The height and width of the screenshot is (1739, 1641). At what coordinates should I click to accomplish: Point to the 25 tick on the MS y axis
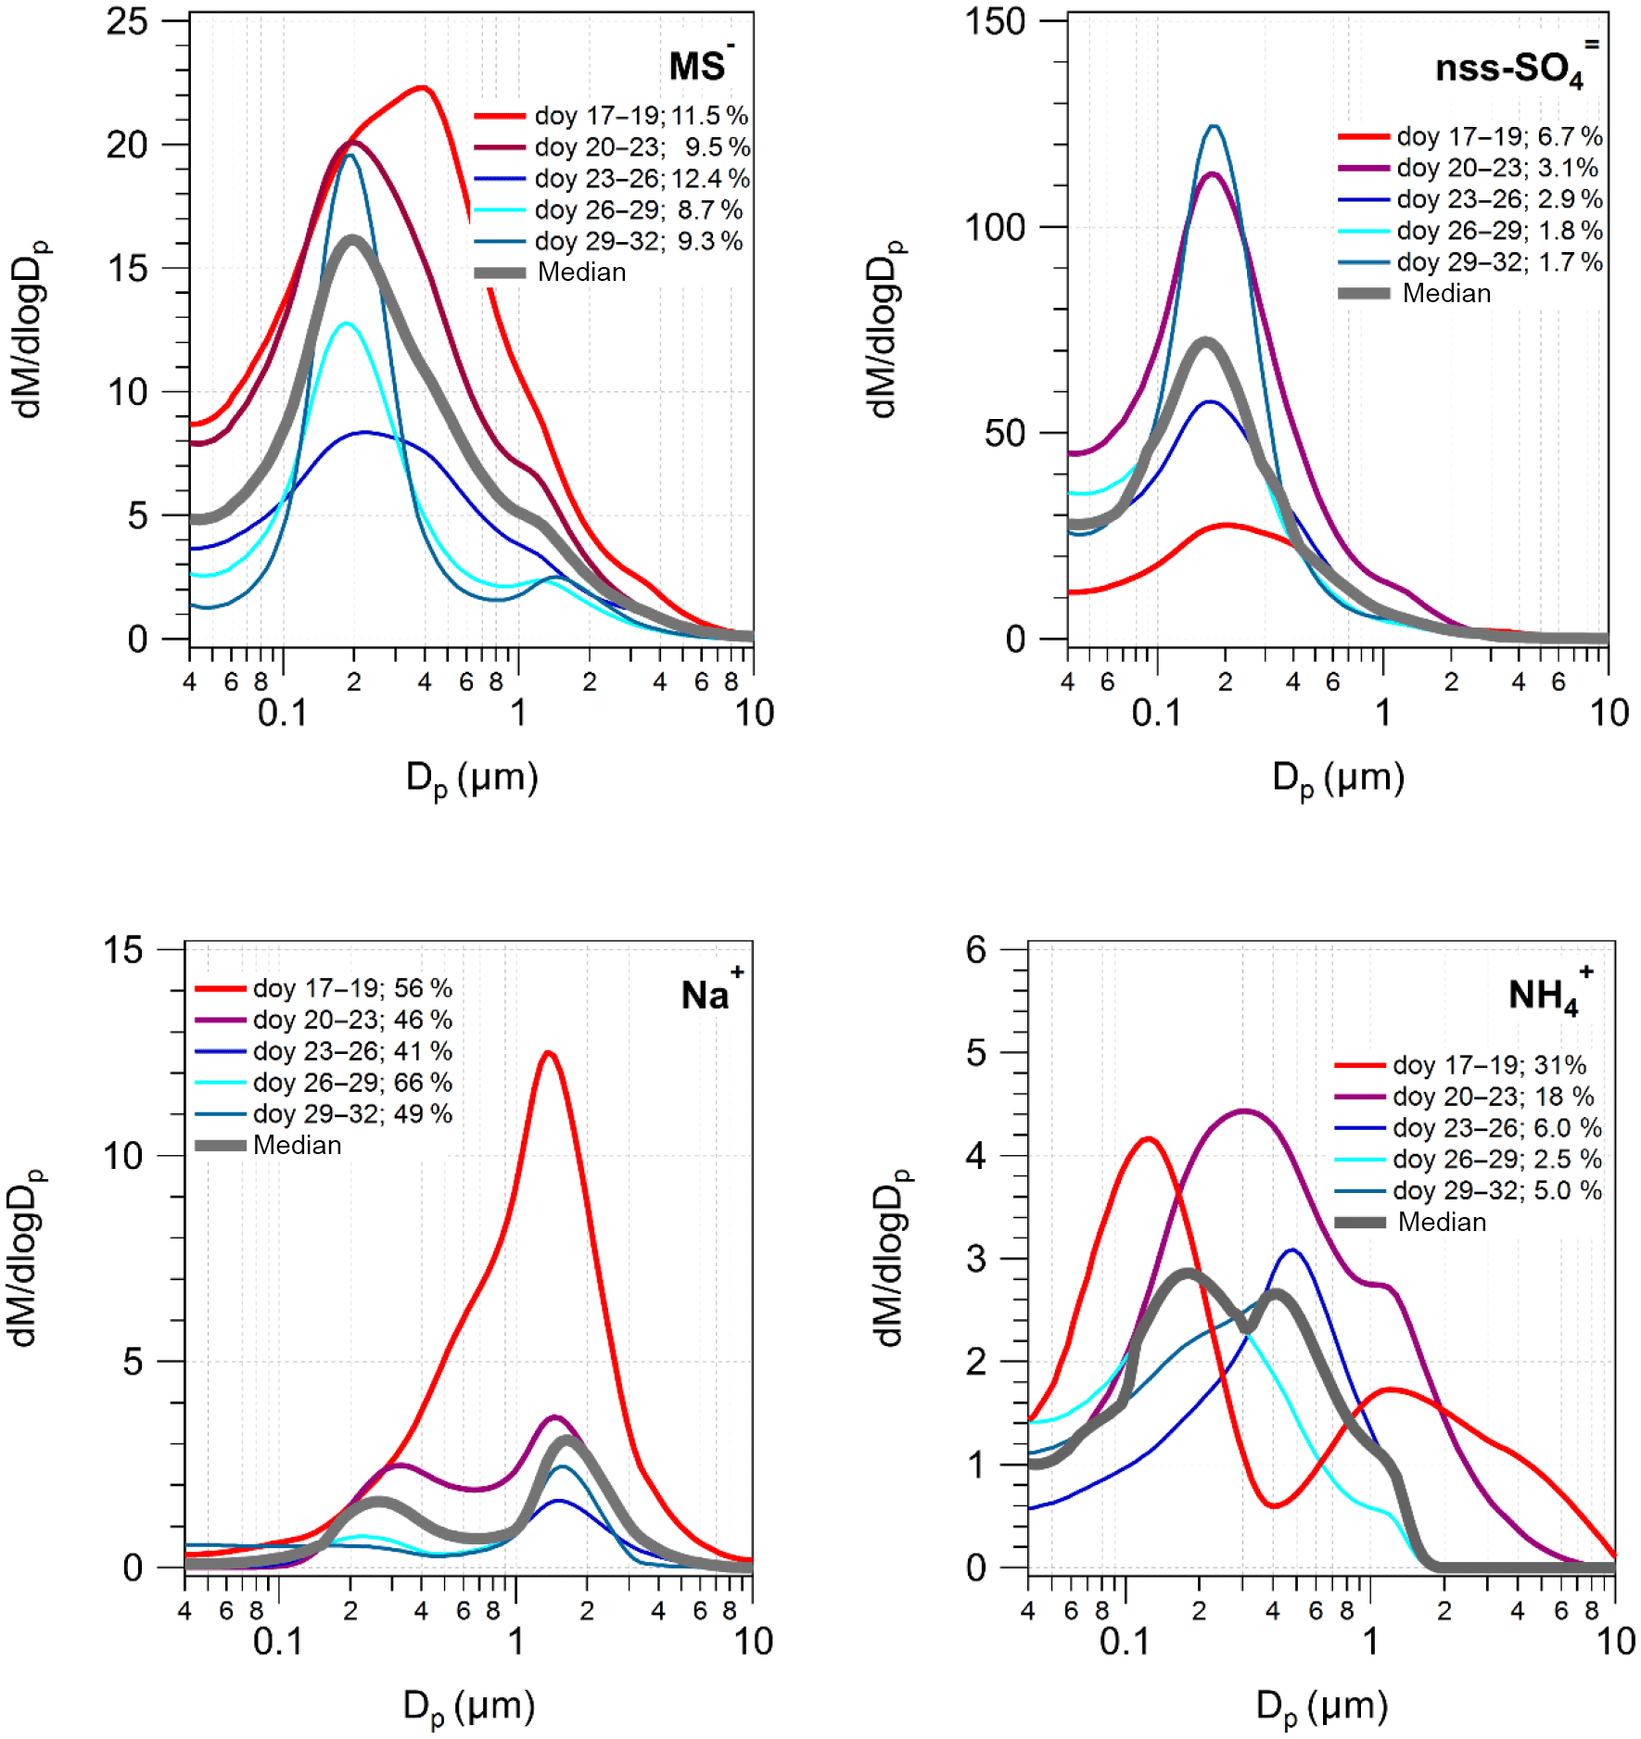tap(127, 21)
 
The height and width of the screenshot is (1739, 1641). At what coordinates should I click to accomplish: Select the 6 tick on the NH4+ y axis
tap(975, 950)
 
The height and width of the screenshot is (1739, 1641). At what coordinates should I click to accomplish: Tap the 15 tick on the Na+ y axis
tap(123, 950)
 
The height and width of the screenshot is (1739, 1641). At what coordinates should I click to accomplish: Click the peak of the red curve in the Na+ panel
tap(548, 1053)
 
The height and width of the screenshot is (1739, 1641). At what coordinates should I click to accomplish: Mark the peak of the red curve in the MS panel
tap(423, 88)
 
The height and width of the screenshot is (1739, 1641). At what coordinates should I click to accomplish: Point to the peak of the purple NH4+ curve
tap(1243, 1111)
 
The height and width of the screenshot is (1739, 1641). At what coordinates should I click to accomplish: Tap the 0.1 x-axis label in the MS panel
tap(282, 713)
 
